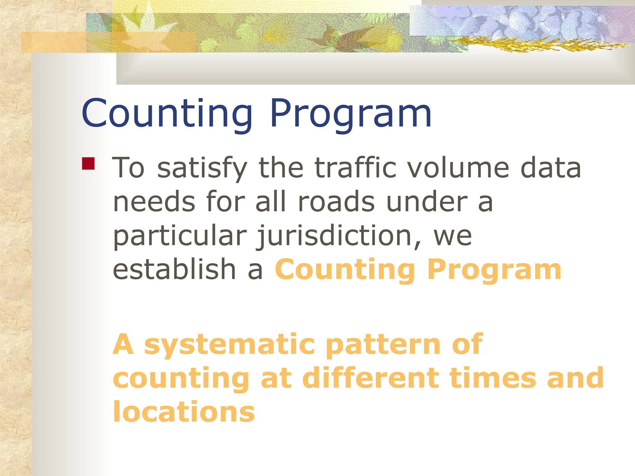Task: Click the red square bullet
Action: [x=88, y=163]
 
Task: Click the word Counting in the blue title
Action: [x=167, y=113]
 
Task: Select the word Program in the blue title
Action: [x=351, y=113]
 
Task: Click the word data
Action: [x=550, y=168]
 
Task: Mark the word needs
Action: [x=154, y=202]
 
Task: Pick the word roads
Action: [x=336, y=202]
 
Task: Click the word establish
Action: [x=174, y=269]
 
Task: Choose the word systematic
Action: [x=229, y=345]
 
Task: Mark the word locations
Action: [x=184, y=412]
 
